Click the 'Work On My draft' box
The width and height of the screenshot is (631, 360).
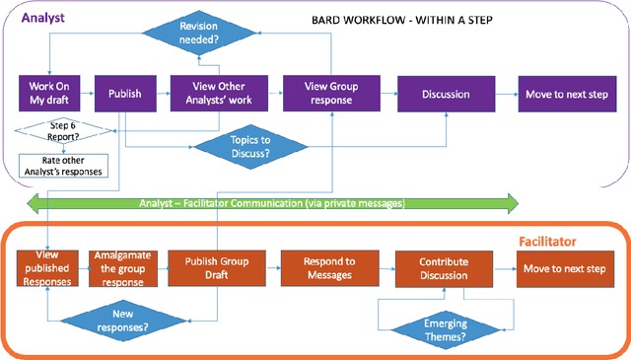pyautogui.click(x=48, y=94)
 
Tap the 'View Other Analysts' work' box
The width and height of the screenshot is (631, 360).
pyautogui.click(x=206, y=94)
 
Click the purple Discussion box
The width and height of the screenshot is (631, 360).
pyautogui.click(x=445, y=94)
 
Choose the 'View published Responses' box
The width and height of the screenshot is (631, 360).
pyautogui.click(x=48, y=267)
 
